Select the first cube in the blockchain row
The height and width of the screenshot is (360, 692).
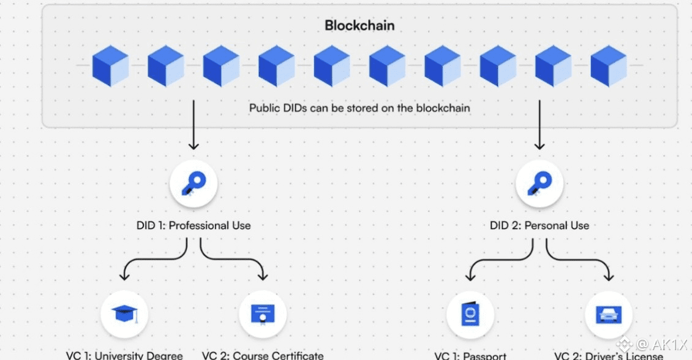click(x=110, y=66)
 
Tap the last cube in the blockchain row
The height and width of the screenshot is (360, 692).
click(x=609, y=66)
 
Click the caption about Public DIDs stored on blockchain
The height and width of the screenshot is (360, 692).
click(x=359, y=108)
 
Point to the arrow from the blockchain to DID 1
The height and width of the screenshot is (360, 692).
click(x=194, y=125)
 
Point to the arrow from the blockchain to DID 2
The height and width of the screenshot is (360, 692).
click(x=540, y=125)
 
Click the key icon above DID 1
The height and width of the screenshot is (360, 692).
click(x=194, y=184)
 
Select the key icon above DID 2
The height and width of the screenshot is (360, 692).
click(x=540, y=184)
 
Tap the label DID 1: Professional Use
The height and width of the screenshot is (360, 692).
click(x=194, y=225)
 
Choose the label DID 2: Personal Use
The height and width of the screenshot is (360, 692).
click(x=540, y=225)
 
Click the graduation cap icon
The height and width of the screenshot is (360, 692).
click(x=125, y=314)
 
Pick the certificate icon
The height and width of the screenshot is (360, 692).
click(x=263, y=314)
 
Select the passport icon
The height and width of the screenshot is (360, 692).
click(x=470, y=314)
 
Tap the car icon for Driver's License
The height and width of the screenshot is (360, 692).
click(x=608, y=314)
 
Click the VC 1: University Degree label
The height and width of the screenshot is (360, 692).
click(x=124, y=355)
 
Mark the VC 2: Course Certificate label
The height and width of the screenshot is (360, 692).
click(x=263, y=355)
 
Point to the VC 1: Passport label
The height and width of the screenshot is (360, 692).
click(x=470, y=355)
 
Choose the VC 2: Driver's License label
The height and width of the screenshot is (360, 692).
click(x=608, y=355)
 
